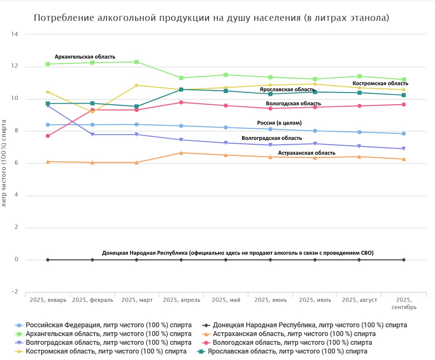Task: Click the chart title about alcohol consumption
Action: coord(211,18)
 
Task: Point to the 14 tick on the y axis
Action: coord(15,34)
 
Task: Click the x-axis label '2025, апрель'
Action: coord(181,300)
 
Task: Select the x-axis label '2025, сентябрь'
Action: coord(403,303)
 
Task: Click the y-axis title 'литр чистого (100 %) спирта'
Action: coord(4,163)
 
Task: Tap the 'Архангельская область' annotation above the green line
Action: coord(85,57)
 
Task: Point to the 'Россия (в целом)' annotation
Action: coord(279,123)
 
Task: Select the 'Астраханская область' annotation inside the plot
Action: coord(307,153)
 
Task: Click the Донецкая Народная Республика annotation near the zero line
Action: coord(238,253)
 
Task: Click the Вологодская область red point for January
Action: coord(48,136)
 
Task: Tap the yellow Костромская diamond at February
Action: coord(92,112)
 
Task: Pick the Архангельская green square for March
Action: coord(137,62)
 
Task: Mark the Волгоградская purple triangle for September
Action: coord(404,149)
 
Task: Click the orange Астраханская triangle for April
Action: coord(181,153)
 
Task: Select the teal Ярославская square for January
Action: coord(48,103)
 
